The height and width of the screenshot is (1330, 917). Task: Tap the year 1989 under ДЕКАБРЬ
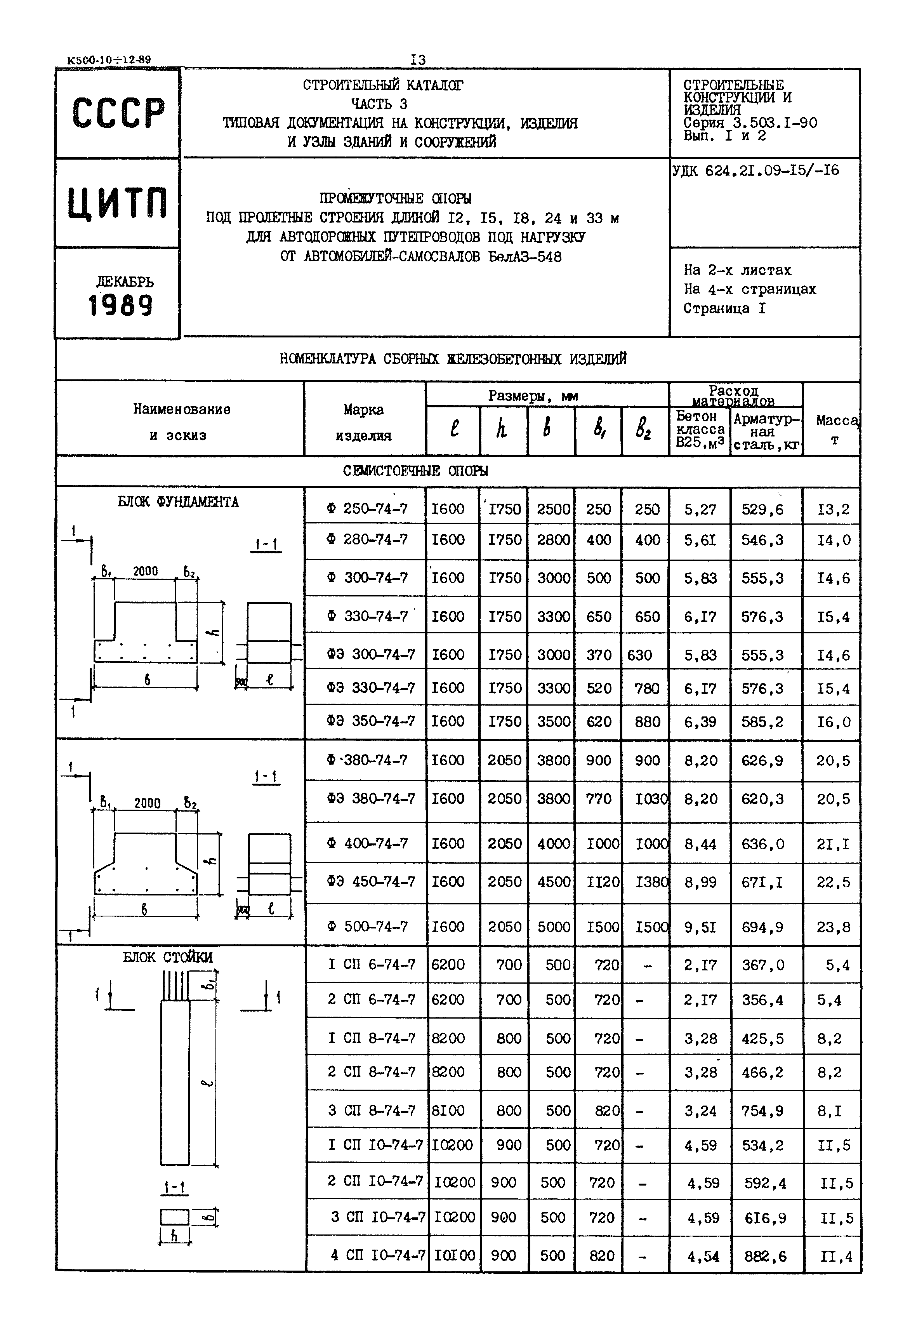click(121, 305)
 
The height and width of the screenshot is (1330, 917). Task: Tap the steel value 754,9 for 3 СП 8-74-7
click(762, 1111)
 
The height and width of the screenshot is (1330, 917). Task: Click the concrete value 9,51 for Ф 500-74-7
click(700, 927)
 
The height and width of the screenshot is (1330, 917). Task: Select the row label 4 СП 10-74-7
click(377, 1256)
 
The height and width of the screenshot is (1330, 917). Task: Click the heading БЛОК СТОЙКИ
click(167, 958)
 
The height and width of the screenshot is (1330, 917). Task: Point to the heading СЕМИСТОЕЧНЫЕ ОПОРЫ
click(415, 471)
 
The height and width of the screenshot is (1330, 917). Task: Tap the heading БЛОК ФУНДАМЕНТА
click(178, 502)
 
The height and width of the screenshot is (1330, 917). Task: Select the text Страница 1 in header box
click(724, 309)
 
